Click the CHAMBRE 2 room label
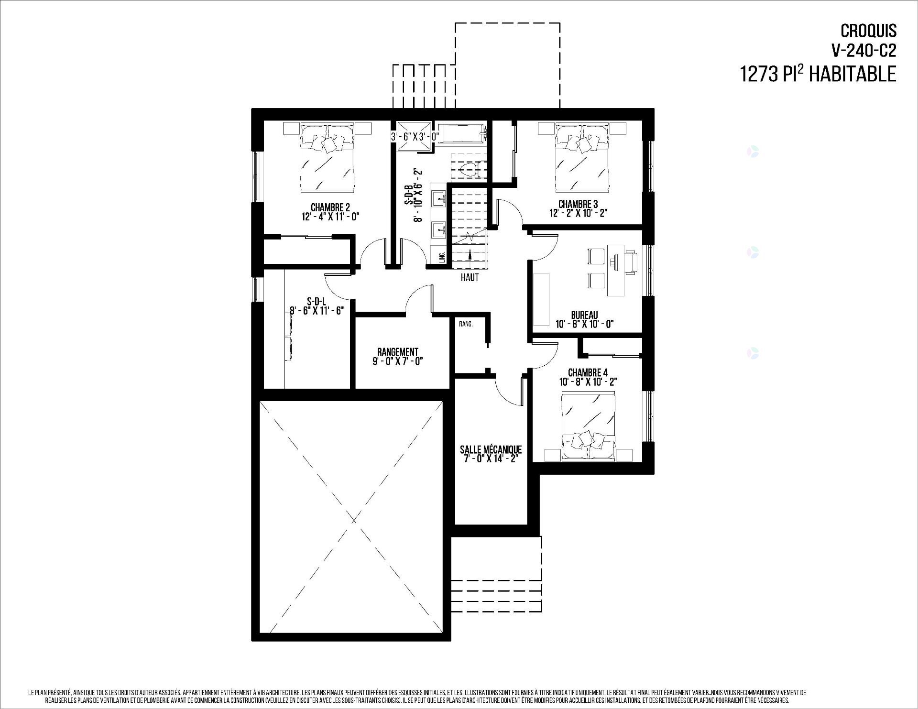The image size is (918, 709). [330, 207]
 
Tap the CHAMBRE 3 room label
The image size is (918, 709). [578, 204]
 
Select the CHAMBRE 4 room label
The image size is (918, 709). [588, 372]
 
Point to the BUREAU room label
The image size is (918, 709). [584, 315]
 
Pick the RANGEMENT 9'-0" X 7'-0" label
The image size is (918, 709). [398, 356]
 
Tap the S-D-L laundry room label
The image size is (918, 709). [317, 301]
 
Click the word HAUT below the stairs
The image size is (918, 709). [470, 277]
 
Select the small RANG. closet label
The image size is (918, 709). [466, 324]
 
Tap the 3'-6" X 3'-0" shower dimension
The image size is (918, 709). [415, 136]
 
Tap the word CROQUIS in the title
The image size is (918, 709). [869, 31]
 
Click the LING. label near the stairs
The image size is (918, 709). [442, 257]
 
